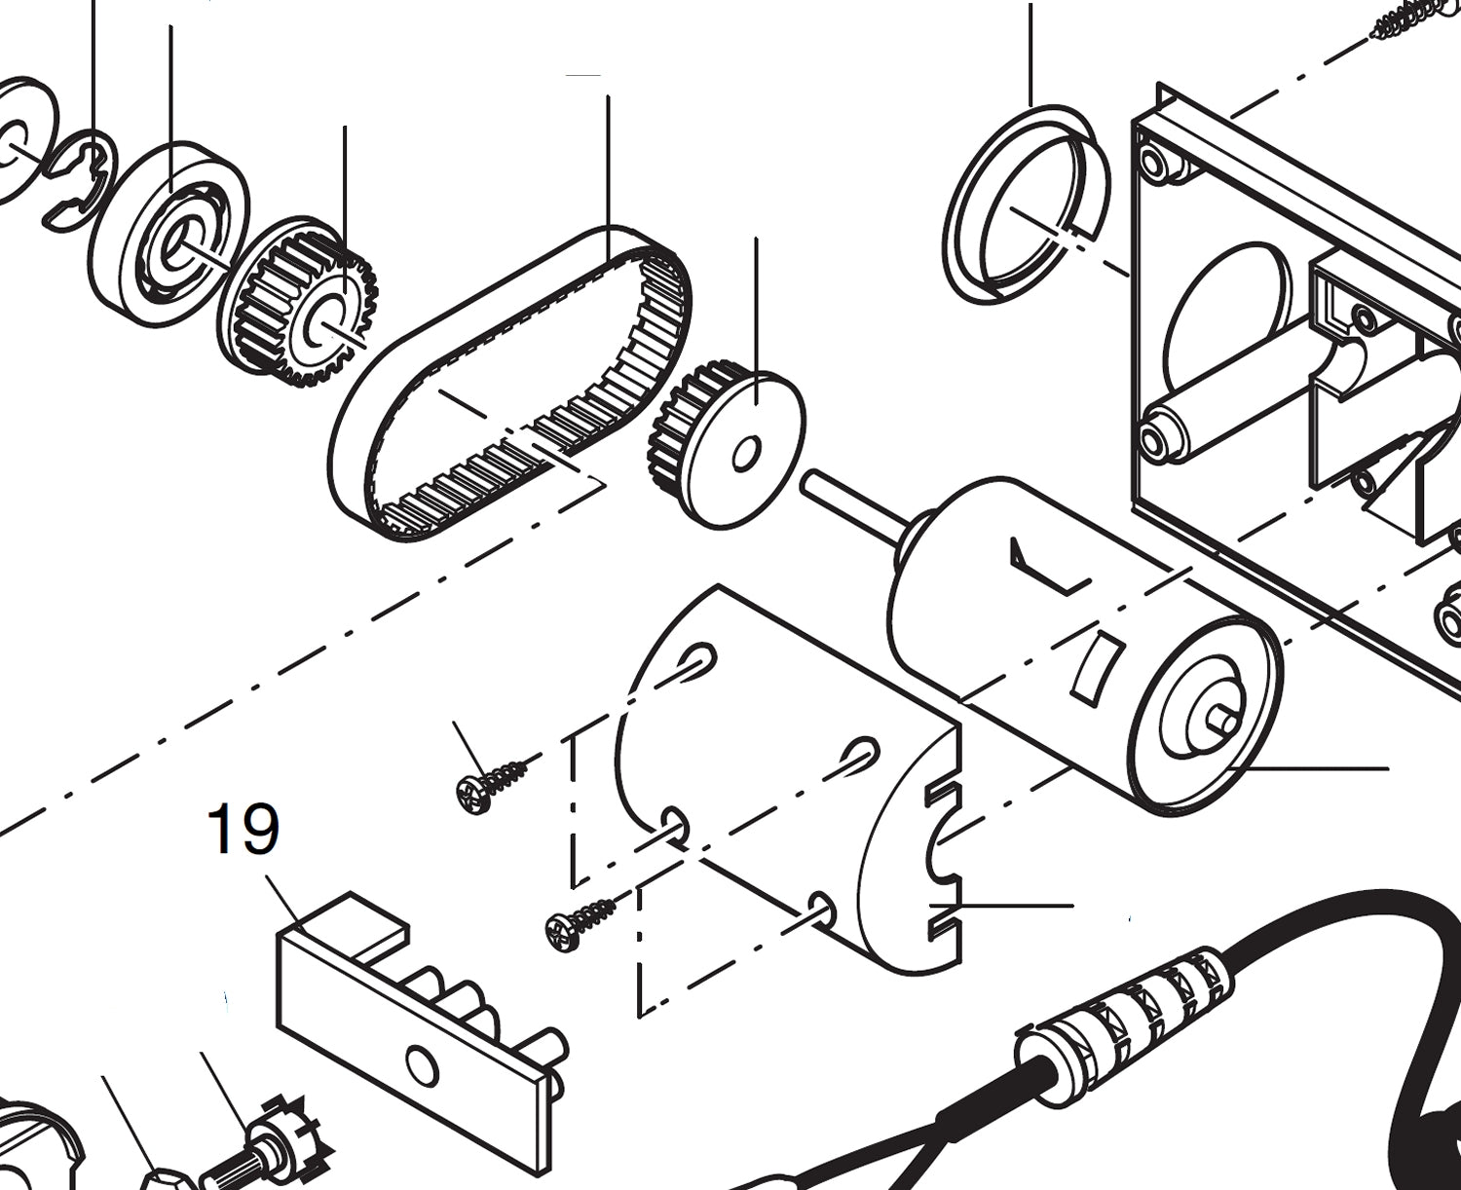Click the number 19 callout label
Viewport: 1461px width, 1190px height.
click(243, 830)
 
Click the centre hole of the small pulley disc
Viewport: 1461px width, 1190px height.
click(747, 453)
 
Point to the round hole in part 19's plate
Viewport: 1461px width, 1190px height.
click(422, 1064)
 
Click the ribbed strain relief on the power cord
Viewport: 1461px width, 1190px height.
click(1120, 1013)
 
